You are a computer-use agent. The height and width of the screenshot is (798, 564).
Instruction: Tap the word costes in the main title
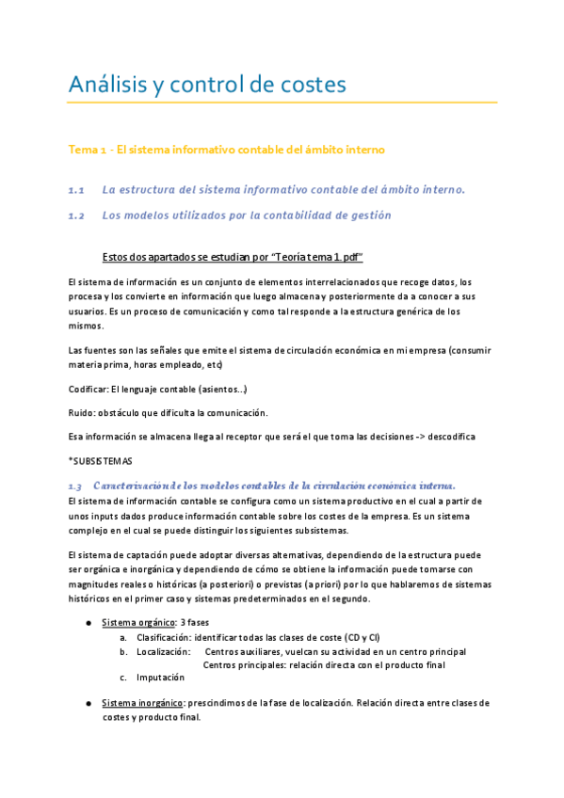click(x=312, y=85)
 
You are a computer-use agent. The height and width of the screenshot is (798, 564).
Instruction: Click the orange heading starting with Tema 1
click(x=226, y=150)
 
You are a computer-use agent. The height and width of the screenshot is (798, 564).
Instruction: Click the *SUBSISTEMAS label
click(x=101, y=461)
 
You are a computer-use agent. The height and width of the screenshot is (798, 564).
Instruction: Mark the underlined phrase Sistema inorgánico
click(x=142, y=703)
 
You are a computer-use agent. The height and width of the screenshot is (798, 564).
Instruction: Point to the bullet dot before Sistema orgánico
click(x=88, y=623)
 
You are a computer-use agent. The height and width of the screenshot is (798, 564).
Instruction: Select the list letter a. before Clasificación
click(x=123, y=637)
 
